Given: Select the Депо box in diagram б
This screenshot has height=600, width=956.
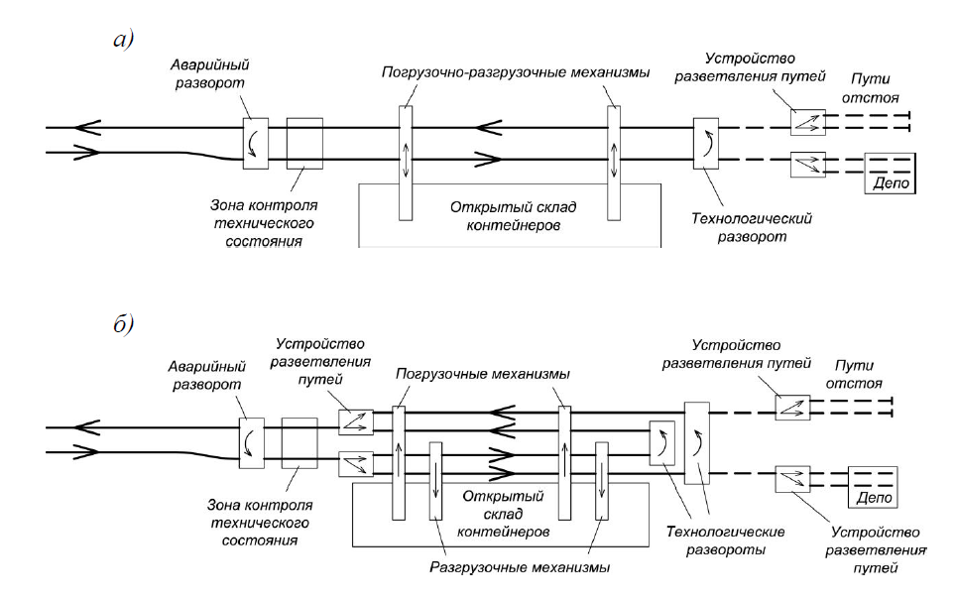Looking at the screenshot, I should point(873,486).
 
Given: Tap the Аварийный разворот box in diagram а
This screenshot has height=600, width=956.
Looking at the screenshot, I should point(257,143).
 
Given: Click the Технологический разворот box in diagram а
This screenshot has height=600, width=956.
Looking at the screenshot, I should point(707,143).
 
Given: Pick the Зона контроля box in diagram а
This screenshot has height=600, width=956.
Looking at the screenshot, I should point(304,143).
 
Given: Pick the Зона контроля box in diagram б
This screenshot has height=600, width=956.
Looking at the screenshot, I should point(299,442).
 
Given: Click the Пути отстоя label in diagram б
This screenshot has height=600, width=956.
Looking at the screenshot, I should point(859,373).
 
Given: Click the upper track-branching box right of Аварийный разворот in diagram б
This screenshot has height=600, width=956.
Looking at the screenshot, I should point(355,421).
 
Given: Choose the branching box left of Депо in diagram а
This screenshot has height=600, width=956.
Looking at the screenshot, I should point(807,165).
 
